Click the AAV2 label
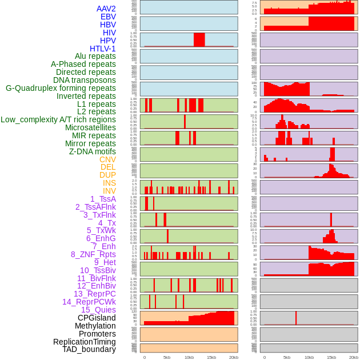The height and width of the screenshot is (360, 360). click(x=106, y=9)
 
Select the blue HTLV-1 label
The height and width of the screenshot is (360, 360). click(x=102, y=49)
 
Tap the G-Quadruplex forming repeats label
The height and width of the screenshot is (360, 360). click(x=61, y=88)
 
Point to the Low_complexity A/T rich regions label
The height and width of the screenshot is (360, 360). click(x=58, y=119)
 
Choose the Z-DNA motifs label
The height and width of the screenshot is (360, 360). click(x=92, y=151)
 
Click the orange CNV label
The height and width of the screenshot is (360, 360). click(x=107, y=159)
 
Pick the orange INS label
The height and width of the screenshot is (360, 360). click(x=109, y=183)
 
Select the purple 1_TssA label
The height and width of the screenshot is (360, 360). click(x=103, y=199)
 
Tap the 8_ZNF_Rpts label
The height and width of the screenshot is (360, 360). click(x=93, y=254)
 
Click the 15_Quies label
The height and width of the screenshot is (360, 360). click(x=98, y=310)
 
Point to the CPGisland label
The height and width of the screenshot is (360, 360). click(x=97, y=318)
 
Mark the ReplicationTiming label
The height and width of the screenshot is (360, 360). click(x=84, y=342)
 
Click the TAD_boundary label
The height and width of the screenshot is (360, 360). click(x=89, y=349)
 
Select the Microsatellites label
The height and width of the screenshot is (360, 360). click(x=90, y=127)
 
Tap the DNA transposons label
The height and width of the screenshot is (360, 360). click(x=85, y=80)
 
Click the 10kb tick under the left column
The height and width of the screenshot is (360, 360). click(x=189, y=357)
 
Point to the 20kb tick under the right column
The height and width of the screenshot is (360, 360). click(x=354, y=357)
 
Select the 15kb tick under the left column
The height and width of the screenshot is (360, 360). click(x=211, y=357)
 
